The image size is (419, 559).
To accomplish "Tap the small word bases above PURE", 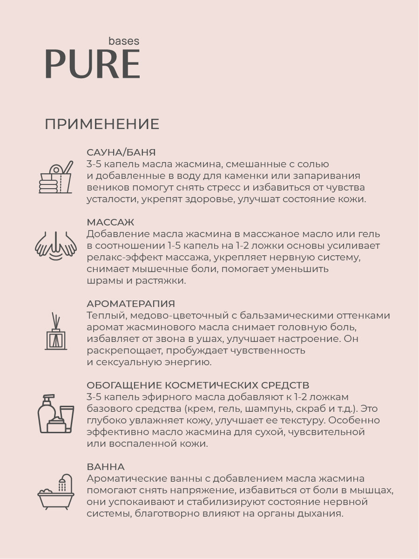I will [123, 41].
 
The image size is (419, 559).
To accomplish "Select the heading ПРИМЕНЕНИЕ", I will [102, 124].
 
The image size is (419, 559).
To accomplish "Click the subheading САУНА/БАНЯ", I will [121, 152].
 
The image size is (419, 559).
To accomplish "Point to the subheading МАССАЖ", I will [110, 222].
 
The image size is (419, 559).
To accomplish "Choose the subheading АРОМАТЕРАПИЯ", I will [131, 304].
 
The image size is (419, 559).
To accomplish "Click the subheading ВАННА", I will [106, 467].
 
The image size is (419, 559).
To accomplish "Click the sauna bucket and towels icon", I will [55, 177].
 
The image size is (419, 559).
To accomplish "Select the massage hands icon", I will [55, 245].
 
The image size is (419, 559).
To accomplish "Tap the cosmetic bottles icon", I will [55, 414].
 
